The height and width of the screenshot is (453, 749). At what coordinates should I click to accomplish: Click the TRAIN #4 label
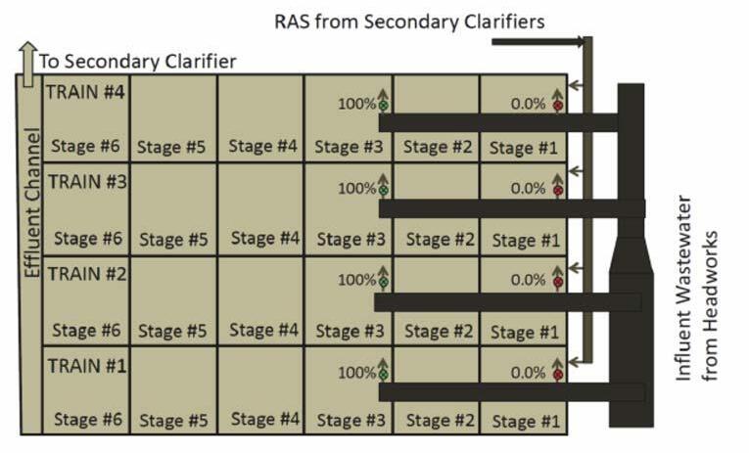85,91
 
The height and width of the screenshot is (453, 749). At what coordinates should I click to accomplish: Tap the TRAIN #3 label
85,181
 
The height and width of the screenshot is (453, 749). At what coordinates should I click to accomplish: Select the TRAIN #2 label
85,273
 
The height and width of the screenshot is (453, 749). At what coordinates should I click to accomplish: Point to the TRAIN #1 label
85,365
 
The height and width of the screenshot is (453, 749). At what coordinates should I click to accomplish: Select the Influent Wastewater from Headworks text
702,307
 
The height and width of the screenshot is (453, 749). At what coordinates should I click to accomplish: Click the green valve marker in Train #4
384,105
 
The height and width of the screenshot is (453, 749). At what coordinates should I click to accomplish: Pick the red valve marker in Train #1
558,375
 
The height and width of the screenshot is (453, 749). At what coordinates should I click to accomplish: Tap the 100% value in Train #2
357,280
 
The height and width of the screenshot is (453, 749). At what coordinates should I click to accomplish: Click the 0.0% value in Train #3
527,188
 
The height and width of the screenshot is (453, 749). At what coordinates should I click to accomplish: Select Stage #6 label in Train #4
86,147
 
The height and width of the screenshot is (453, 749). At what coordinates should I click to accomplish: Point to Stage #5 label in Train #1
172,422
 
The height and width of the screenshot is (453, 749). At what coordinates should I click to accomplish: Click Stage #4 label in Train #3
262,238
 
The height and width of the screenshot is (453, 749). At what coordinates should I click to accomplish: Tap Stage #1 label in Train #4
525,148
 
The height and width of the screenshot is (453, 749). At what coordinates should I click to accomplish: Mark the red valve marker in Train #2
558,283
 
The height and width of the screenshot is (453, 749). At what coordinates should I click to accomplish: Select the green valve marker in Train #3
384,192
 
